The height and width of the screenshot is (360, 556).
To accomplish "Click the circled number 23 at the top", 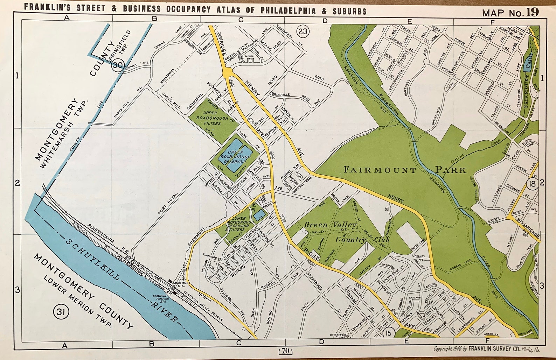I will point(303,32).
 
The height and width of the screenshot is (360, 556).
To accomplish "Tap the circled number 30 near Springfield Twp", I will point(118,65).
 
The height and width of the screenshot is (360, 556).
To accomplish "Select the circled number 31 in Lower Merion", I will point(61,311).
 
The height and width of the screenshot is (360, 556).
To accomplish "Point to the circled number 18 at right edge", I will point(533,184).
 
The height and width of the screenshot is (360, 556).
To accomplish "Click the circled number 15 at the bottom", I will point(389,333).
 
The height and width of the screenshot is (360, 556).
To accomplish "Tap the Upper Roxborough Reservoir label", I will point(235,157).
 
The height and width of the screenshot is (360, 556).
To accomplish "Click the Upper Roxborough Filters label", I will point(212,118).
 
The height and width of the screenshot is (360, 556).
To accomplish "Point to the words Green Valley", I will point(330,225).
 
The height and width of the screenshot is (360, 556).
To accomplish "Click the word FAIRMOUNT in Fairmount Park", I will point(380,170).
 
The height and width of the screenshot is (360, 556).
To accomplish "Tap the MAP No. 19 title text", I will point(510,13).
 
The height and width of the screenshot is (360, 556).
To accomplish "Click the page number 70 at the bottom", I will point(286,350).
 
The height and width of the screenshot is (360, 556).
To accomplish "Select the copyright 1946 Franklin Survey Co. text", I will point(487,349).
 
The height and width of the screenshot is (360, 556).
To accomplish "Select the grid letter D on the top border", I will point(325,21).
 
